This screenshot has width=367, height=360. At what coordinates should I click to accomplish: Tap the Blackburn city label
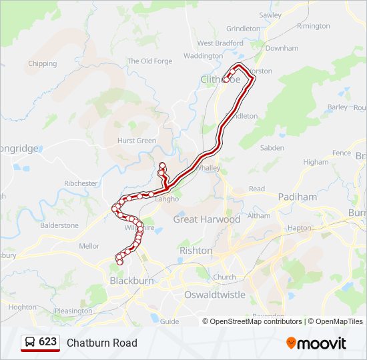(x=131, y=281)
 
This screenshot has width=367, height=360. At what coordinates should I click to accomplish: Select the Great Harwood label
(x=207, y=219)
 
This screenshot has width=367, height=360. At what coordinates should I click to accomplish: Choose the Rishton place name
(x=196, y=251)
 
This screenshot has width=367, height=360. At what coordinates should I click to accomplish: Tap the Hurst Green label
(x=136, y=141)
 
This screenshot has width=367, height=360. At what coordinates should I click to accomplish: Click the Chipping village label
(x=42, y=64)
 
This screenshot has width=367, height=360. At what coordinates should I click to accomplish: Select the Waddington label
(x=202, y=56)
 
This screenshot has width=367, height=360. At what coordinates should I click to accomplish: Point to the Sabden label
(x=272, y=148)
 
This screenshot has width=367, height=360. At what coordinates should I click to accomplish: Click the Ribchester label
(x=81, y=183)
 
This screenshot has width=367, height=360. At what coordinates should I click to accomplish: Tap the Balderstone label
(x=59, y=225)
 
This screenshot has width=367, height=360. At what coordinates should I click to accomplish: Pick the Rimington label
(x=314, y=26)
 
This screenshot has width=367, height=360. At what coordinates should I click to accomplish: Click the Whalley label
(x=209, y=169)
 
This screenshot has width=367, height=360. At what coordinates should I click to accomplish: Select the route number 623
(x=47, y=342)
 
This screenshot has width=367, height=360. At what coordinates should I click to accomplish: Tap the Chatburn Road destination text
(x=101, y=343)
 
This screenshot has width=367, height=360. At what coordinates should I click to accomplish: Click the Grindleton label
(x=243, y=29)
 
